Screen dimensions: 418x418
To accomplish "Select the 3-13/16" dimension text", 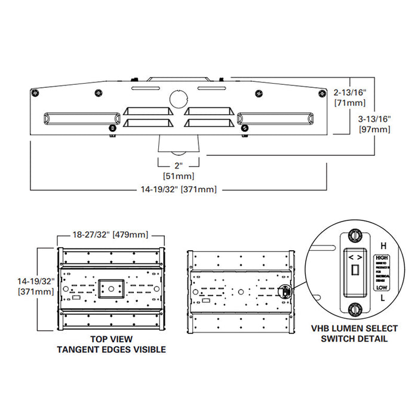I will tap(375, 118).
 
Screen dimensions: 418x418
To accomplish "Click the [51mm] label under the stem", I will tap(179, 176).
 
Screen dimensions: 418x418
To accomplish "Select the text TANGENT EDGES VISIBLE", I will tap(110, 349).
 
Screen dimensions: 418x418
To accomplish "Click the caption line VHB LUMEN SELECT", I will tap(350, 328).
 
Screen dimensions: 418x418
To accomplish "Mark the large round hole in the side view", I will tap(179, 99).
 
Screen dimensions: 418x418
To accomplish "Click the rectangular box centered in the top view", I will tap(110, 288).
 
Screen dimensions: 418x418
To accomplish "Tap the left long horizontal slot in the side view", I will tap(78, 119).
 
